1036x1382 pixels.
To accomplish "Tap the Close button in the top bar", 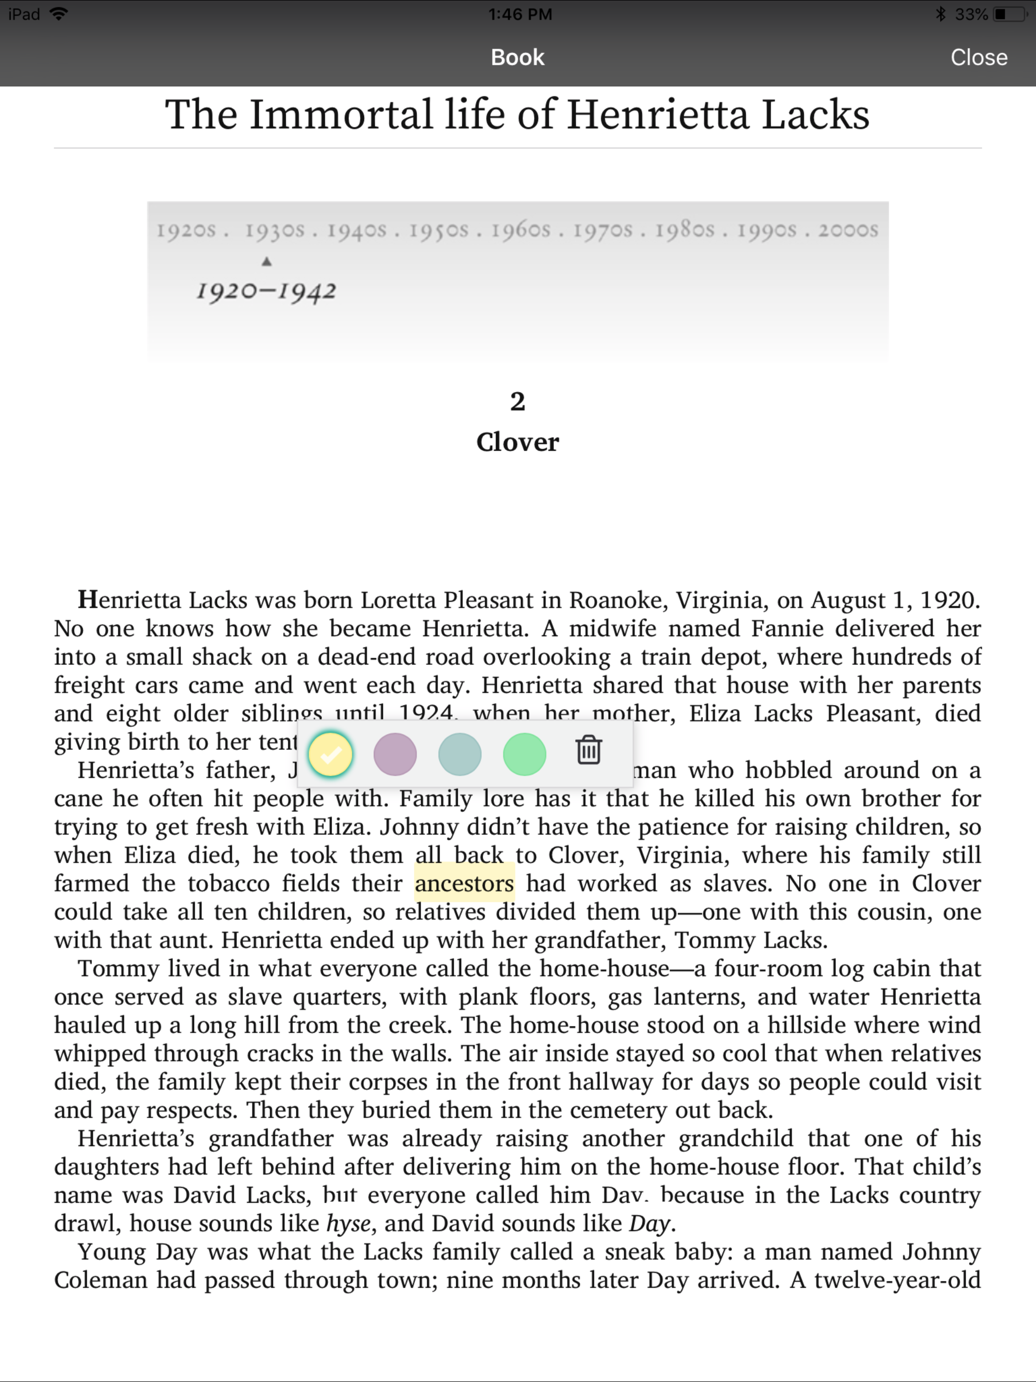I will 978,58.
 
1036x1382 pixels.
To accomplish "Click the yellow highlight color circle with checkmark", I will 330,754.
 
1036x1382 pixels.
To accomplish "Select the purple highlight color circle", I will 395,754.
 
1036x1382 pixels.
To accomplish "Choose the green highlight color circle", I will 524,754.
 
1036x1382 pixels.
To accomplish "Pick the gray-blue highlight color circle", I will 460,754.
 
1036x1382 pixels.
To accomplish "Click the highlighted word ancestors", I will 464,883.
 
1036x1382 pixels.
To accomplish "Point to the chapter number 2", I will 517,401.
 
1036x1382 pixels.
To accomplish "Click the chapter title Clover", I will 517,442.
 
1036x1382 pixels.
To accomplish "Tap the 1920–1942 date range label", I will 266,291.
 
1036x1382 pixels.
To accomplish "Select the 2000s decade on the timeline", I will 848,231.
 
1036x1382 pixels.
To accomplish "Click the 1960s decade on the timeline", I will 521,231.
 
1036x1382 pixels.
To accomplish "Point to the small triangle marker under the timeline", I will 267,262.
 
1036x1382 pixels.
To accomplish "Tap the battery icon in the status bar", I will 1009,14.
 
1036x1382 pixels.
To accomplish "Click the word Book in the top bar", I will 517,58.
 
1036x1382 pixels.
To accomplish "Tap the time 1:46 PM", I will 520,14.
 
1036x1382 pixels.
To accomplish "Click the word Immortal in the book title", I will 341,115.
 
